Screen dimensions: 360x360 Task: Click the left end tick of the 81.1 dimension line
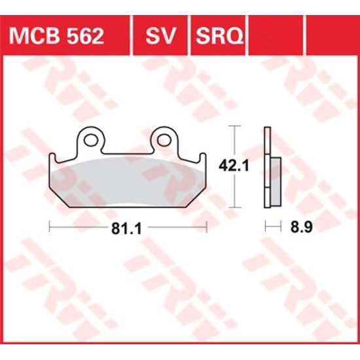(x=50, y=227)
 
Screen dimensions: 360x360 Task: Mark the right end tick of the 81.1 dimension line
(x=207, y=227)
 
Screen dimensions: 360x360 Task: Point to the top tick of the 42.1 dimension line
(x=234, y=126)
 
